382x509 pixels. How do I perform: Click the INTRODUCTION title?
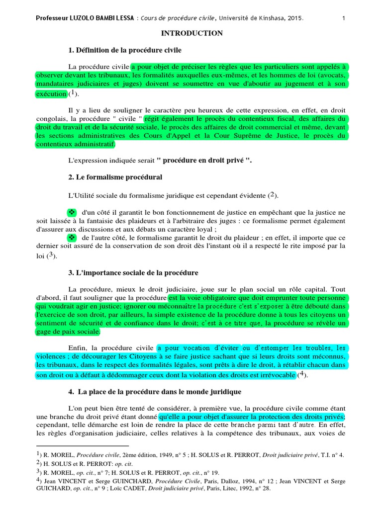(191, 33)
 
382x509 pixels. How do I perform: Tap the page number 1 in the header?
(344, 19)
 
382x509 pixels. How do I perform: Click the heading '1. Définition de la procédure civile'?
(125, 50)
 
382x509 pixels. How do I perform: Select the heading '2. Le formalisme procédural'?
(115, 177)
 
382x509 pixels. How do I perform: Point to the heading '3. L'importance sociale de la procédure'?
(133, 273)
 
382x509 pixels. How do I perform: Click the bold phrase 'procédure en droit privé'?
(204, 161)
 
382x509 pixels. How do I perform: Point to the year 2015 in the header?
(294, 19)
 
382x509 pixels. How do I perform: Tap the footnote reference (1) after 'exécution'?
(73, 93)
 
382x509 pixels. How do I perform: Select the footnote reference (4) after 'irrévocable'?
(302, 375)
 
